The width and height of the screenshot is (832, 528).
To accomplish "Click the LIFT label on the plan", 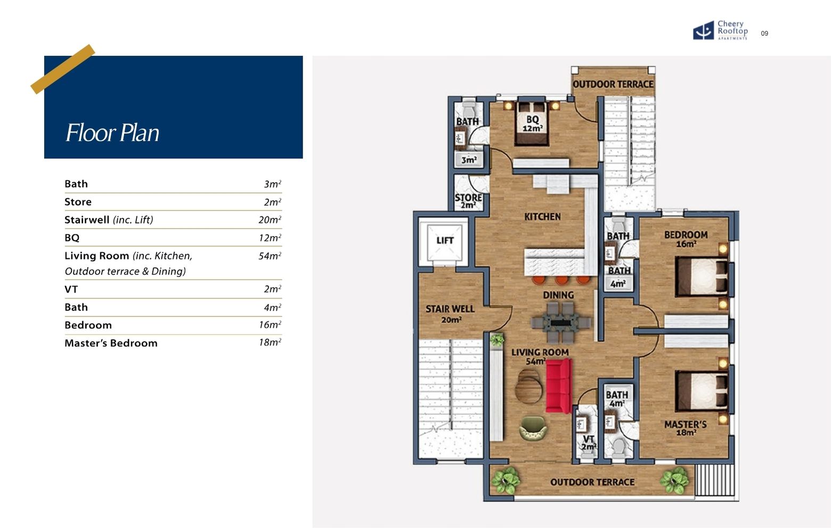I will pos(445,240).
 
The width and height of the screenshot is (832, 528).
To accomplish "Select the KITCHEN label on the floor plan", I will pos(542,217).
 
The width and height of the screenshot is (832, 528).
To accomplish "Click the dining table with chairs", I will pos(561,323).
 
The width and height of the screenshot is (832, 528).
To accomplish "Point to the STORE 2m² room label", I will pos(468,201).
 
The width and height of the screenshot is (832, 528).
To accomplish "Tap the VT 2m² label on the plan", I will pos(589,443).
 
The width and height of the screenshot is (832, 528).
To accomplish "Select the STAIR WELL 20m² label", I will pos(450,314).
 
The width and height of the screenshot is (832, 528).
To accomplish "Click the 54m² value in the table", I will pos(270,256).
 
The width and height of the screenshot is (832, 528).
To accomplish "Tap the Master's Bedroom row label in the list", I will pos(111,343).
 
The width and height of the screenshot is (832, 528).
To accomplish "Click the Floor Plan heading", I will pos(112,133).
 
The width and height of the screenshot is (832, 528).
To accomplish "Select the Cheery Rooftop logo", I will pos(720,31).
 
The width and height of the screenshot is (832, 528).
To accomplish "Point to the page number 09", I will pos(764,34).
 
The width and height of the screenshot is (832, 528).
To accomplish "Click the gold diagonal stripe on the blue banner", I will pos(62,69).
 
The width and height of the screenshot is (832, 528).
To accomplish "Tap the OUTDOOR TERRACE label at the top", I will pos(613,84).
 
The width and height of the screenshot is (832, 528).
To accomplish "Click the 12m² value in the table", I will pos(270,238).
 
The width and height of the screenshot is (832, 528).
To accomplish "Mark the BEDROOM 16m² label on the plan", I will pos(686,239).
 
